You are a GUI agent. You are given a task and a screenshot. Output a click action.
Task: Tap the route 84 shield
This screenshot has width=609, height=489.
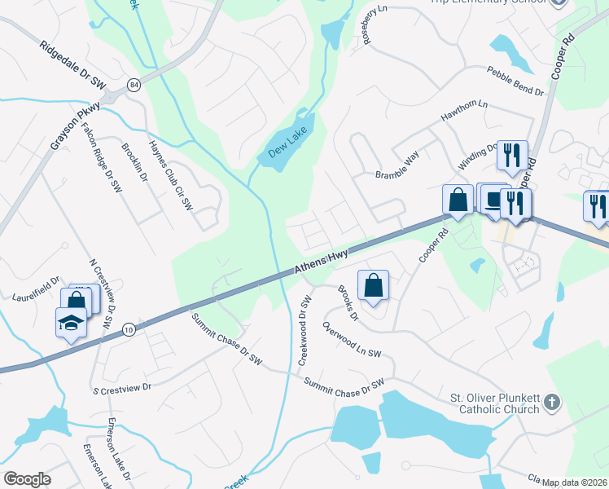133,85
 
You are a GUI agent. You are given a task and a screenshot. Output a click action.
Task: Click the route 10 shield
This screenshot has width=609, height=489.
129,329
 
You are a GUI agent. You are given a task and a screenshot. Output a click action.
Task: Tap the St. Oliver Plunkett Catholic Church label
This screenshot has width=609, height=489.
495,403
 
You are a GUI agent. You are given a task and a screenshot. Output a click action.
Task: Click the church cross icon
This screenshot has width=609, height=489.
553,402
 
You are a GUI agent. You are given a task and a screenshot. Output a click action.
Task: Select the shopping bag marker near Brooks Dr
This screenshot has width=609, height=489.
373,286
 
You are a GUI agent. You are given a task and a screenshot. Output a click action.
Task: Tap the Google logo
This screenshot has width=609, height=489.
27,479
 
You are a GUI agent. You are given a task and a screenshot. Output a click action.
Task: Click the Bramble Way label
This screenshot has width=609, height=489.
397,165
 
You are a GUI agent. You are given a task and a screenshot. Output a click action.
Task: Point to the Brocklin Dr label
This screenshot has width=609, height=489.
135,163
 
